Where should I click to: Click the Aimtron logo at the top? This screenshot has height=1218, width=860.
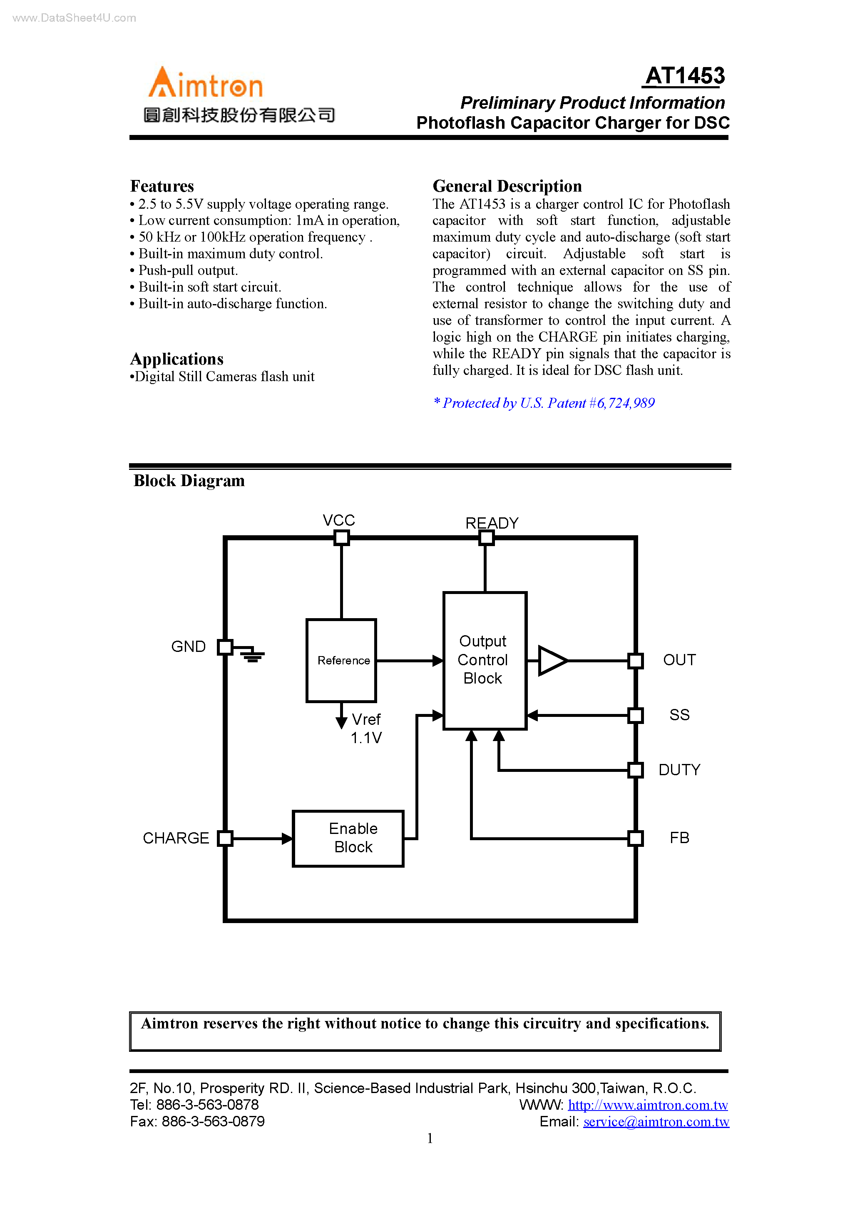point(205,83)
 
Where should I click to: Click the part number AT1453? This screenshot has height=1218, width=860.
point(684,76)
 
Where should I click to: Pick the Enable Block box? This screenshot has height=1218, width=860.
point(348,838)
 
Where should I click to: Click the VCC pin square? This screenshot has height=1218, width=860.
point(341,538)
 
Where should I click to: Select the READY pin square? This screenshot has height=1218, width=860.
point(486,538)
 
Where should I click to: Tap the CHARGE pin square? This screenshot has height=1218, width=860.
point(225,838)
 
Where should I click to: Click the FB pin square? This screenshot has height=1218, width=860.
point(635,838)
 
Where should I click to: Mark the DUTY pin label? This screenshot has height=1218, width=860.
point(679,770)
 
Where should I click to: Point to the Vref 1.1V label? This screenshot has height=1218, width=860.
point(366,729)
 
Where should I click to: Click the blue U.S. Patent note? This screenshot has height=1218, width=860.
point(544,403)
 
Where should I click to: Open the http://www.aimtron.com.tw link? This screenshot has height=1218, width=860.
point(647,1105)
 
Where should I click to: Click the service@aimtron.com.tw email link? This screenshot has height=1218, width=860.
point(656,1121)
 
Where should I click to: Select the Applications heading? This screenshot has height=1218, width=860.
point(177,359)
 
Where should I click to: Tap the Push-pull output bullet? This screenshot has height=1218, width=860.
point(188,270)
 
